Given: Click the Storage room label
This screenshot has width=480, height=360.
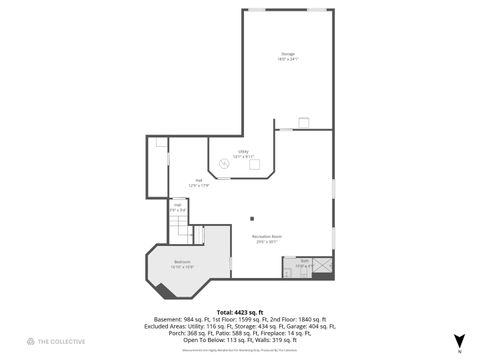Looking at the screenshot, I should tap(288, 56).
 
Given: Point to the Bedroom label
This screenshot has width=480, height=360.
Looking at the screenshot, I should tap(181, 264).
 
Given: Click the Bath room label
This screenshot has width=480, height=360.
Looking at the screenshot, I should tap(304, 265).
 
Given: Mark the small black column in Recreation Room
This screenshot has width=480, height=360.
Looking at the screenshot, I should tap(253, 220).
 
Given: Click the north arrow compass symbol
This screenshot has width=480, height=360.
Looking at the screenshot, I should tap(459, 341).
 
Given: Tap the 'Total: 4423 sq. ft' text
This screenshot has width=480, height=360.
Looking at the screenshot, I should tap(239, 311).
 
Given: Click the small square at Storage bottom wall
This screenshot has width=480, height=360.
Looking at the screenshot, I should tap(303, 122).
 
